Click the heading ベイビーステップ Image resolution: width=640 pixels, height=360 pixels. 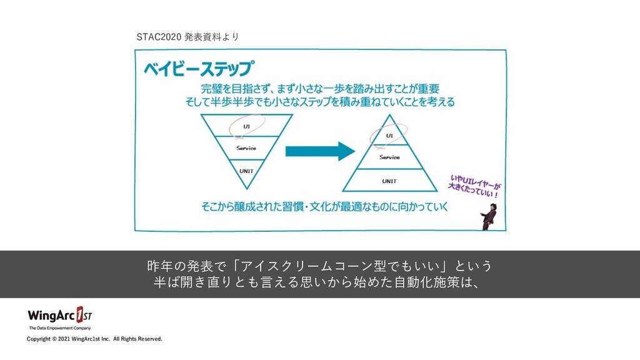pos(199,68)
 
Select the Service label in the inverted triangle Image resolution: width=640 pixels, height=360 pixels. pos(246,148)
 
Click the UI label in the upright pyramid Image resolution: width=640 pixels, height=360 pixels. pos(389,135)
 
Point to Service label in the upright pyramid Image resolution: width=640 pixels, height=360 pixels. pos(389,157)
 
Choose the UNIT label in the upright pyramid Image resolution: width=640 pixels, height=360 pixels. pos(389,181)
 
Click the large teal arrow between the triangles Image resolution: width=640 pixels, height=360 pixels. pos(316,152)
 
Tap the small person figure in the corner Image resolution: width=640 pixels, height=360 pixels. pos(489,216)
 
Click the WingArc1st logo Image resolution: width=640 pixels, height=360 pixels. pos(59,314)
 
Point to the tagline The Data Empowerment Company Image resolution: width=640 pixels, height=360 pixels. pos(60,328)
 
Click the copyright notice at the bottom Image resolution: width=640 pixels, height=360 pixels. pos(94,339)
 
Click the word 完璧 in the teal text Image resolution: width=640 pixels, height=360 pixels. pos(212,88)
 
